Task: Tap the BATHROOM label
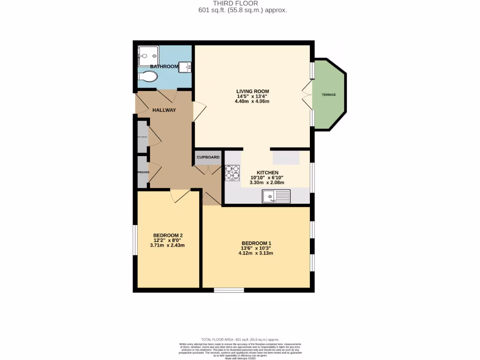(164, 67)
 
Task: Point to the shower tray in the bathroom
(148, 57)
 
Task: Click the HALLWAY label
(164, 110)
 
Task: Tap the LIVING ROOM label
(253, 91)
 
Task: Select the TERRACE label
(329, 95)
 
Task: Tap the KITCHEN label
(267, 172)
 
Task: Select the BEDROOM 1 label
(256, 243)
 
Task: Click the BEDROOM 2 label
(167, 235)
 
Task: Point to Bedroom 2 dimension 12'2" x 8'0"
(167, 240)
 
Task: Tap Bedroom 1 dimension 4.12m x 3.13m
(256, 253)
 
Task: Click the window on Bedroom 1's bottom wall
(229, 290)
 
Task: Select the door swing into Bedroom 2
(180, 195)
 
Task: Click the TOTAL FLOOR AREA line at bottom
(240, 339)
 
